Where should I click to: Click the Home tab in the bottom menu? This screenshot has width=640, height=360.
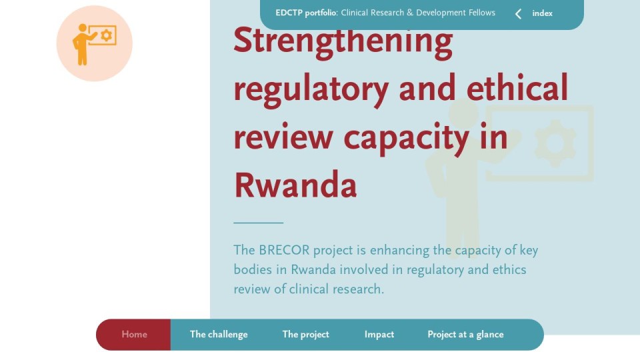(x=134, y=334)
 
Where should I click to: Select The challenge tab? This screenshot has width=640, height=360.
(x=219, y=334)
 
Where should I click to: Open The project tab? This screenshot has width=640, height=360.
(x=306, y=334)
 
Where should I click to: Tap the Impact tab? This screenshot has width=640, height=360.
(x=379, y=334)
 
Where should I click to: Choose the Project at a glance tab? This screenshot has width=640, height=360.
(x=465, y=334)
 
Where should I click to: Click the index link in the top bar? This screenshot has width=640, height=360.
(x=542, y=13)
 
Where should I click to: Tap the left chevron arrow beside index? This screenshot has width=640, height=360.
(x=519, y=14)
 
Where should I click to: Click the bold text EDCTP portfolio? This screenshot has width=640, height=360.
(x=306, y=13)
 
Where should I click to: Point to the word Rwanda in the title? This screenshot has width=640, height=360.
(x=295, y=185)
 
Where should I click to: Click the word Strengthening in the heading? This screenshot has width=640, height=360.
(x=343, y=41)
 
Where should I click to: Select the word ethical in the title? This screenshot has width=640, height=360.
(x=517, y=87)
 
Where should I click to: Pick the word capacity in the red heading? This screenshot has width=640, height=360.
(x=406, y=138)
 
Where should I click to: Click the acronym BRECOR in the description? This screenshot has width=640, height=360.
(x=284, y=250)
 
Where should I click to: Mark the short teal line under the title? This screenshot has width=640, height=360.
(x=259, y=223)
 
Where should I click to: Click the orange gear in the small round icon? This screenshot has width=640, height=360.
(x=107, y=35)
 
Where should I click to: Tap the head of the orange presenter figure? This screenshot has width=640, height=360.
(x=83, y=28)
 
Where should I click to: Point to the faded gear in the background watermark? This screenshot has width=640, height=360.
(x=555, y=143)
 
